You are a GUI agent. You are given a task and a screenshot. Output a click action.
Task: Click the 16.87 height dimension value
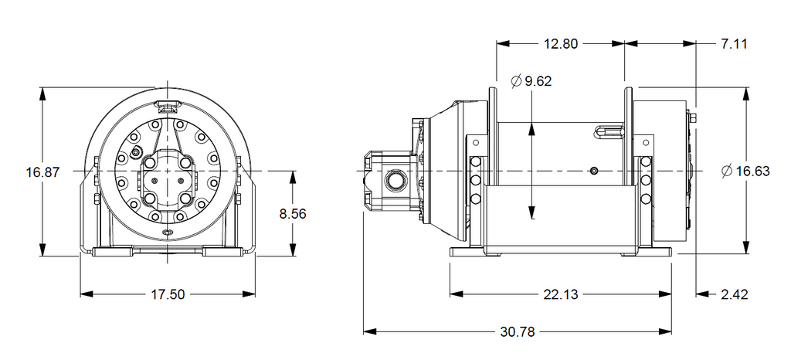(43, 172)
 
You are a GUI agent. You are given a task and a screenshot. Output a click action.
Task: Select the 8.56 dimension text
(293, 213)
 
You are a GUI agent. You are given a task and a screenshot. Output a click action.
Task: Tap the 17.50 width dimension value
(168, 294)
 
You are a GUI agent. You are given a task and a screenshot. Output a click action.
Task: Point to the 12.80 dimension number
(561, 44)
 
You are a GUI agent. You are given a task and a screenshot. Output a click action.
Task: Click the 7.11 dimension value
(734, 44)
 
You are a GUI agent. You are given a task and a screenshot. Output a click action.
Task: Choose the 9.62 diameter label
(538, 81)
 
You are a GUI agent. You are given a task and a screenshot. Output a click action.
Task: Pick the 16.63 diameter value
(752, 172)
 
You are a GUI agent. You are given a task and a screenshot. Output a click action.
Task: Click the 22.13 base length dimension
(561, 294)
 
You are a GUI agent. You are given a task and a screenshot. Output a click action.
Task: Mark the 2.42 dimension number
(734, 294)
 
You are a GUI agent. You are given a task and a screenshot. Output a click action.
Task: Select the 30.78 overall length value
(518, 331)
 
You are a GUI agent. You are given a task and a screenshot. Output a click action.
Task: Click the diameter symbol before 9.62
(516, 81)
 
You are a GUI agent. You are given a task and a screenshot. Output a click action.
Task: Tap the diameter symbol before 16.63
(727, 172)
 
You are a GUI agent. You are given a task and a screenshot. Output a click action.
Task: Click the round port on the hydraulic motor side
(394, 180)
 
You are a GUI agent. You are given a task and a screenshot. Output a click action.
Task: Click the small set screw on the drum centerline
(595, 172)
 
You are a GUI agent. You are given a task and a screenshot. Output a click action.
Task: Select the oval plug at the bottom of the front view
(168, 233)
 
